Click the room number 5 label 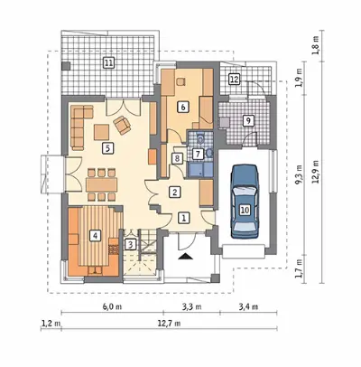[x=107, y=148]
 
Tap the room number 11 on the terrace [x=108, y=62]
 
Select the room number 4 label [x=95, y=236]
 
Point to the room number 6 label [x=183, y=107]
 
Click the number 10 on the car [x=245, y=210]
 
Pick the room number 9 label [x=248, y=120]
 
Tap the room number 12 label [x=235, y=80]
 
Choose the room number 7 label [x=198, y=154]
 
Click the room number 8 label [x=177, y=157]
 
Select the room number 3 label [x=130, y=244]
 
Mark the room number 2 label [x=174, y=192]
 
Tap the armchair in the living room [x=122, y=125]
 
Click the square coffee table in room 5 [x=101, y=132]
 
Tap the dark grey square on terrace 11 [x=66, y=66]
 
